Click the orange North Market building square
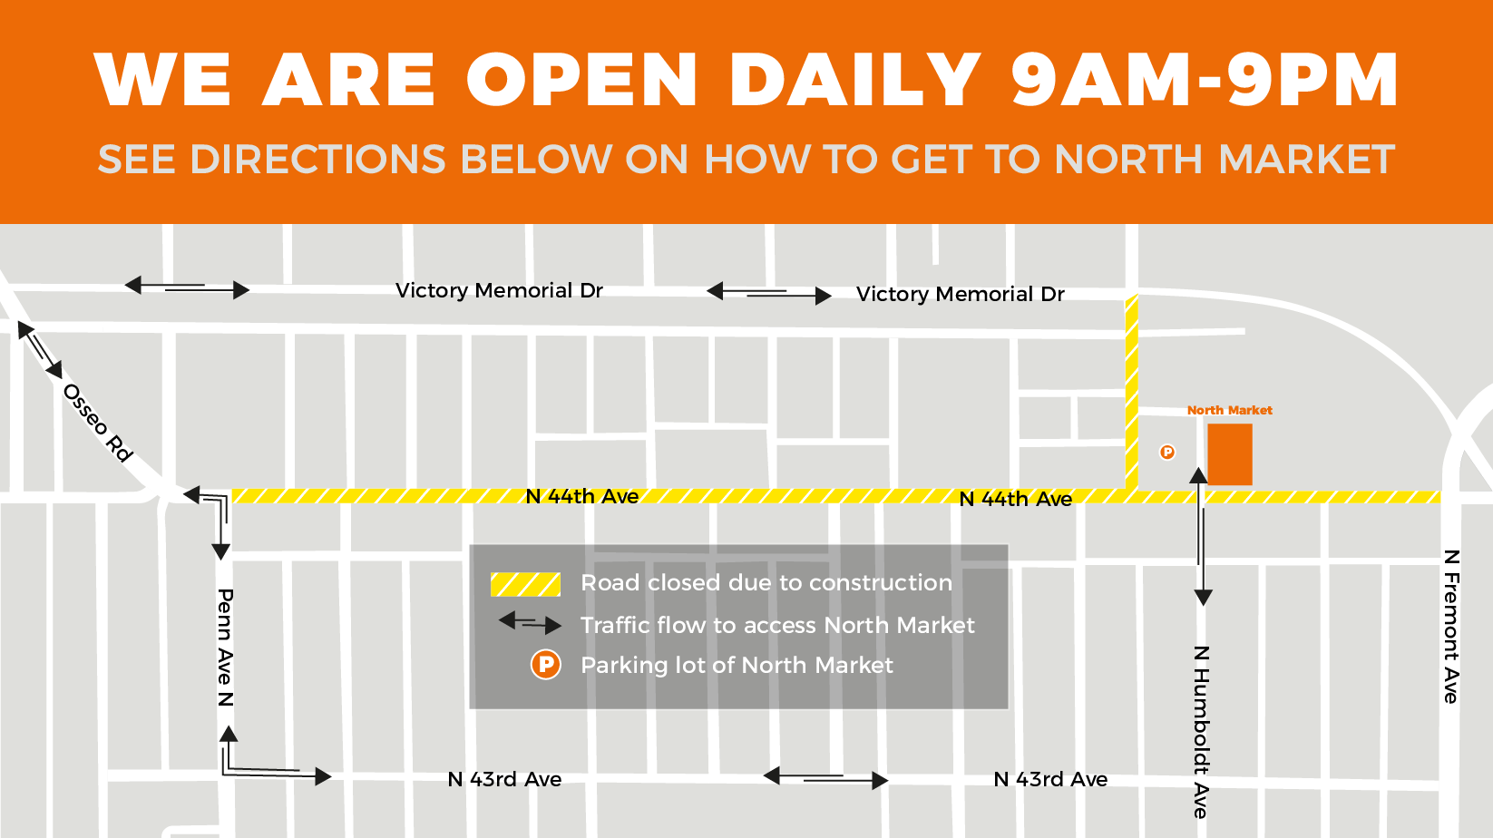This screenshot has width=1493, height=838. coord(1229,454)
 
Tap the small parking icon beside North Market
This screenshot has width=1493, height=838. coord(1167,452)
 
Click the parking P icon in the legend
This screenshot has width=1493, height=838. coord(546,665)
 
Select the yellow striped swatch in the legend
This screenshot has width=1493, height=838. coord(525,584)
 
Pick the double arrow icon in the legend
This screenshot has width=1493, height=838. coord(531,624)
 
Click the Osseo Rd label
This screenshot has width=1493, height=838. coord(98,422)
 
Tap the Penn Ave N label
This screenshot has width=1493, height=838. coord(226,647)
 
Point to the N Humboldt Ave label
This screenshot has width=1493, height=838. coord(1201,732)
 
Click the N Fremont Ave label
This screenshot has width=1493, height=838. coord(1451,626)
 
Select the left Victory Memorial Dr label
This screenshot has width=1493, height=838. coord(499,290)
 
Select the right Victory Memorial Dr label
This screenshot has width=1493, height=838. coord(960,294)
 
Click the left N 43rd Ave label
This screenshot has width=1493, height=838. coord(504,779)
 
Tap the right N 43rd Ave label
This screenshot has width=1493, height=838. coord(1050,779)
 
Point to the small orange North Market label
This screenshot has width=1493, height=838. coord(1229,410)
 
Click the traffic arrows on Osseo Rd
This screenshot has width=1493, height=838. coord(40,349)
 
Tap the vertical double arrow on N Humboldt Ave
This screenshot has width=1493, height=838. coord(1201,536)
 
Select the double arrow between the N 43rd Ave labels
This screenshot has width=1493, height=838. coord(825,778)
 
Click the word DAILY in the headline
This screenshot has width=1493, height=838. coord(854,80)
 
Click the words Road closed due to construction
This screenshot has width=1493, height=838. coord(766,582)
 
